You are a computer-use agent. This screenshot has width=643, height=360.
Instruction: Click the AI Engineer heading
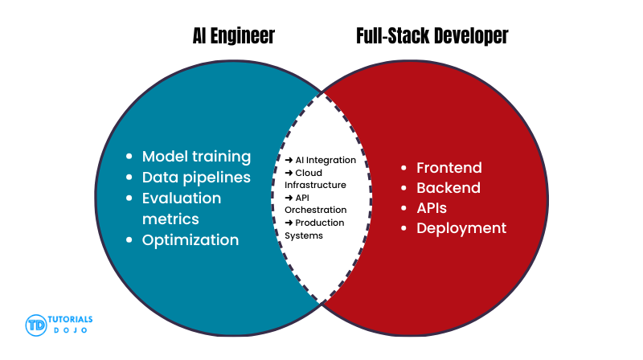tap(233, 36)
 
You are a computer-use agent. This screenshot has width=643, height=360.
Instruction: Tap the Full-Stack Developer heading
tap(432, 36)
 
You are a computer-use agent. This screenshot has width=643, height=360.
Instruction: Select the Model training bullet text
tap(196, 156)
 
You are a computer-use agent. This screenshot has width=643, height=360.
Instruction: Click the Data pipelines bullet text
tap(196, 177)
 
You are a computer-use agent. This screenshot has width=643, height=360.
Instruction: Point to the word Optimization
tap(190, 239)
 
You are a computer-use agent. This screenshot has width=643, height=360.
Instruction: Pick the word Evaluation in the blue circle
tap(182, 198)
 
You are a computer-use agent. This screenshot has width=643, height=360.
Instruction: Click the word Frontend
tap(448, 168)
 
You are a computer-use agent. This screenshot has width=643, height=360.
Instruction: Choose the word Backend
tap(448, 188)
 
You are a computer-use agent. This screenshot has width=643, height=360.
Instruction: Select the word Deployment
tap(461, 228)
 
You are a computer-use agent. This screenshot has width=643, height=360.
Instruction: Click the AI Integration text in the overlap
tap(326, 160)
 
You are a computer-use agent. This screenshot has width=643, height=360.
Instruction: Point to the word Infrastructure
tap(316, 185)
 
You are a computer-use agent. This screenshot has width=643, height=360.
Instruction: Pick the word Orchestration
tap(316, 210)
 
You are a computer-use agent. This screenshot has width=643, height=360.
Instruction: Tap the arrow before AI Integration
tap(289, 160)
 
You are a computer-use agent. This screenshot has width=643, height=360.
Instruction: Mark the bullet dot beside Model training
tap(130, 157)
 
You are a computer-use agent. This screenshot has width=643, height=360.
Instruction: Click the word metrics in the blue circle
tap(170, 219)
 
